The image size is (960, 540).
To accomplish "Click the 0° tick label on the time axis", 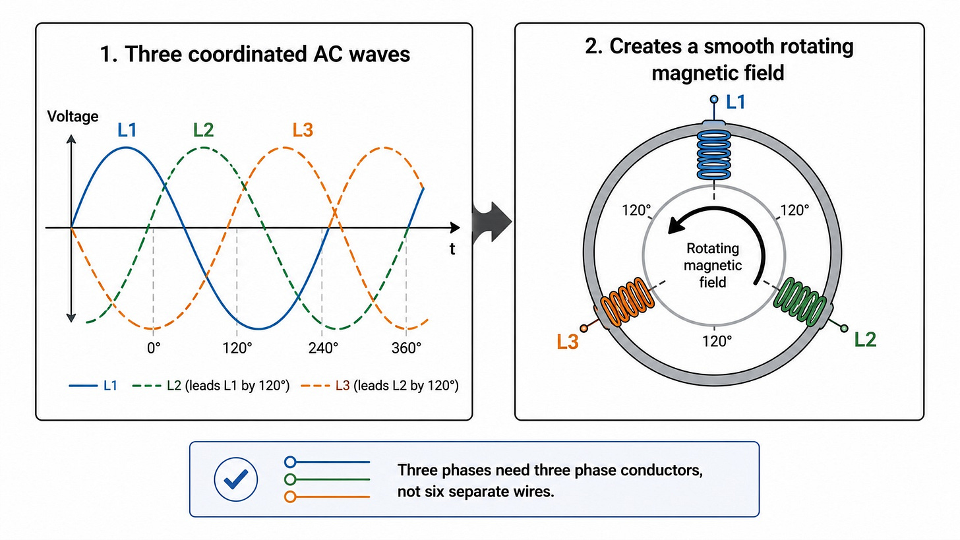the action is click(x=154, y=348).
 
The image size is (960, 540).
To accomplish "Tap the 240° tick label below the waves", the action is click(x=323, y=348).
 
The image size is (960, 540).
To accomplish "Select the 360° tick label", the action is click(x=406, y=348).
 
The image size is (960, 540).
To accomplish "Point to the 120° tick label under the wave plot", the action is click(x=237, y=348).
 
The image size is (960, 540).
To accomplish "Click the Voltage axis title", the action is click(x=73, y=116).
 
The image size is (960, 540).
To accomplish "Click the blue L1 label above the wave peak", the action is click(x=127, y=130).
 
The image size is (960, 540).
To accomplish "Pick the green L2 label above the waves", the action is click(x=203, y=130).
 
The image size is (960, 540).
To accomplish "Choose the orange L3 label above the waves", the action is click(x=303, y=130).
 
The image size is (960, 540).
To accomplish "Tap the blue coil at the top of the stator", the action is click(x=714, y=154).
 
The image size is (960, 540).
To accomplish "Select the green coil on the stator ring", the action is click(x=800, y=301).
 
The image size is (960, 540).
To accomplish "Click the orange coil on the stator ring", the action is click(x=628, y=302).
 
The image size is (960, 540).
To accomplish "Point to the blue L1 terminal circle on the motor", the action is click(x=714, y=100).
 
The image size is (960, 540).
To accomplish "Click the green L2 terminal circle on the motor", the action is click(x=844, y=329).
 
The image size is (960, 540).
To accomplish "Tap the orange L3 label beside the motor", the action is click(x=568, y=342).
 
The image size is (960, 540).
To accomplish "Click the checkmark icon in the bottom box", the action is click(x=236, y=479).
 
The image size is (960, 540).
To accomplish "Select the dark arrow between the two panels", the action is click(x=492, y=222).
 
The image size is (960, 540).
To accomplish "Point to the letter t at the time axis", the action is click(x=452, y=249).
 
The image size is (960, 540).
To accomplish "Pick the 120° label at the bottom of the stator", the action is click(x=717, y=341).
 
